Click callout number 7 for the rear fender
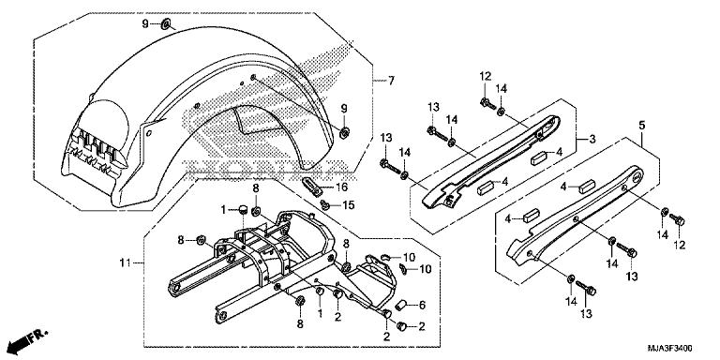click(x=392, y=82)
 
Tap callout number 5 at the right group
click(x=641, y=125)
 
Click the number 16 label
click(x=342, y=187)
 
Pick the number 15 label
click(x=346, y=204)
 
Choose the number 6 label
click(x=421, y=305)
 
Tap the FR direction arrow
click(x=28, y=335)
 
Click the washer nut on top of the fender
click(x=165, y=22)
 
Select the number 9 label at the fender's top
click(x=146, y=22)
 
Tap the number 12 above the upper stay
click(x=485, y=75)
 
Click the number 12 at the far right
click(x=681, y=245)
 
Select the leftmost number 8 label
click(x=180, y=239)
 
